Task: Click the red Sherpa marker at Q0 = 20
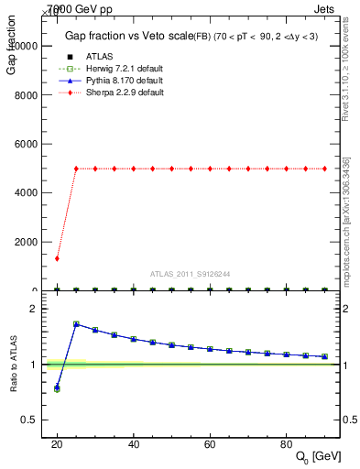pyautogui.click(x=57, y=258)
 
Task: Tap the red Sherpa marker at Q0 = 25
pyautogui.click(x=76, y=169)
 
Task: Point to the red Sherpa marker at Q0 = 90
pyautogui.click(x=325, y=169)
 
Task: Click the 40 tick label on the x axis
pyautogui.click(x=134, y=445)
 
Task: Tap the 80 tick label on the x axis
pyautogui.click(x=287, y=445)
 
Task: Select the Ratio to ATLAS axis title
pyautogui.click(x=13, y=363)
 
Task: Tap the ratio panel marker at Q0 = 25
pyautogui.click(x=76, y=324)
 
